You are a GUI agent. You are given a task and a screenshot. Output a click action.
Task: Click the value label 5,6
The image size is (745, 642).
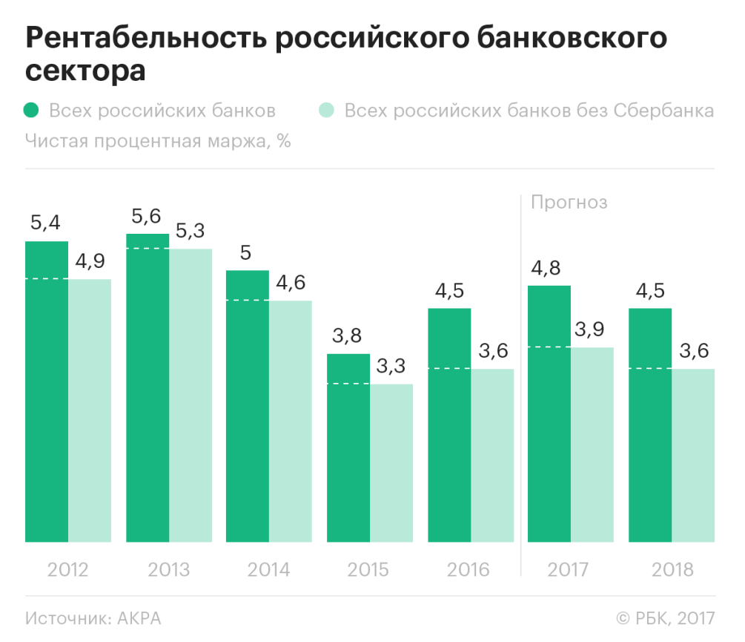146,216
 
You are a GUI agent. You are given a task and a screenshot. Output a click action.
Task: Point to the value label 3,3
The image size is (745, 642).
391,366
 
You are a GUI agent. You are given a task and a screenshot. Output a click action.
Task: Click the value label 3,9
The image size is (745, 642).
592,330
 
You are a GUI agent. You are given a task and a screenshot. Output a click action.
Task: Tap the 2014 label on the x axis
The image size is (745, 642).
268,570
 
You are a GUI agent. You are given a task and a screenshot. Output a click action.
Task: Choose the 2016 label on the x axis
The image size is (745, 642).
468,570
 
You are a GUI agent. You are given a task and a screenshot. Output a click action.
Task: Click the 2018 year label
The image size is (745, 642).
672,570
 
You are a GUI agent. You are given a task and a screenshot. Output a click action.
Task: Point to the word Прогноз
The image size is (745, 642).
569,202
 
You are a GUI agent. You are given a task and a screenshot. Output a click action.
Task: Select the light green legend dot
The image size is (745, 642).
327,111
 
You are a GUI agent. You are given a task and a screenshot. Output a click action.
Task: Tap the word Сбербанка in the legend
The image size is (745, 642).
663,111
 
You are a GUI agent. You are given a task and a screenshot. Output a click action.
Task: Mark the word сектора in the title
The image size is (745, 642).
85,73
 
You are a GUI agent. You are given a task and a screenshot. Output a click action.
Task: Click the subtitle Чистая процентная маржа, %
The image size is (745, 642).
158,141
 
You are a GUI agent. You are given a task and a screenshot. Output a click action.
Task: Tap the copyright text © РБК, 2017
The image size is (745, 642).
665,618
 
